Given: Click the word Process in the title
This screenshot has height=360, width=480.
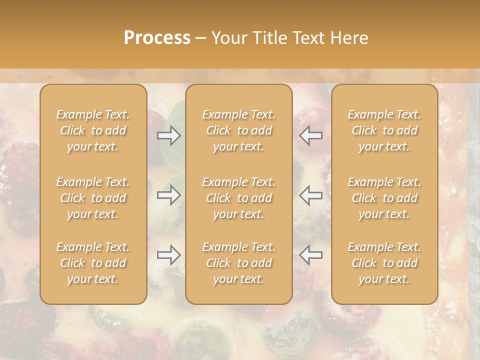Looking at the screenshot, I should (x=157, y=38).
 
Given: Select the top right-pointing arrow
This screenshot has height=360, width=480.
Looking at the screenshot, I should (x=168, y=135).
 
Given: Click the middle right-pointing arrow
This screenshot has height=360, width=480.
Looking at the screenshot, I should (x=168, y=195).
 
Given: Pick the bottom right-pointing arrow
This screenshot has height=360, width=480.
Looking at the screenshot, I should (x=168, y=255).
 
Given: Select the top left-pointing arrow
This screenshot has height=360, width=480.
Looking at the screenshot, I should (x=311, y=135).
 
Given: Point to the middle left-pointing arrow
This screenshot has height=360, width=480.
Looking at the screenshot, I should (x=311, y=195).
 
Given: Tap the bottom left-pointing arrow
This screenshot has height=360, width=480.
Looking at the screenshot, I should (x=311, y=255).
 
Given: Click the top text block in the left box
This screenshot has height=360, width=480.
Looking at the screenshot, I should (x=93, y=130).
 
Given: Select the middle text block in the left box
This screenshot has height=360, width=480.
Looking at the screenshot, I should (x=93, y=198).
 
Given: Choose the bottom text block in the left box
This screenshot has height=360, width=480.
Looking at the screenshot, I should (x=93, y=263).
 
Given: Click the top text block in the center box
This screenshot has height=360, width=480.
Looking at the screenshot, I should (x=238, y=130).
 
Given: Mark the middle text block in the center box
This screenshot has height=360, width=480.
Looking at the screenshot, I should (x=238, y=198).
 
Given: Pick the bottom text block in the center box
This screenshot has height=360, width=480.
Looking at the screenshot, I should (x=238, y=263).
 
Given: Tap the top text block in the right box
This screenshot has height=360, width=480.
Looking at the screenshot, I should (x=384, y=130).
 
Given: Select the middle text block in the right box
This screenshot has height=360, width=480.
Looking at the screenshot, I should (x=384, y=198).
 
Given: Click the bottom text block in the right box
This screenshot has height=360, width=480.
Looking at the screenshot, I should (x=384, y=263).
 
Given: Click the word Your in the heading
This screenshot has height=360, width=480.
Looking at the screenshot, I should (x=228, y=38).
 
